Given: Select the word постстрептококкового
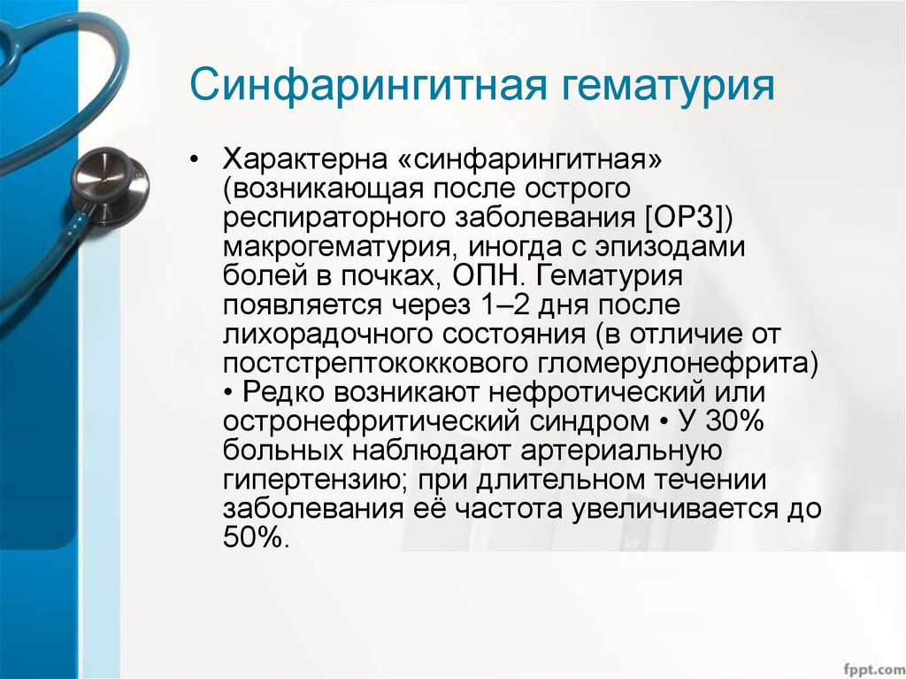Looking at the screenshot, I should pyautogui.click(x=371, y=364).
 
